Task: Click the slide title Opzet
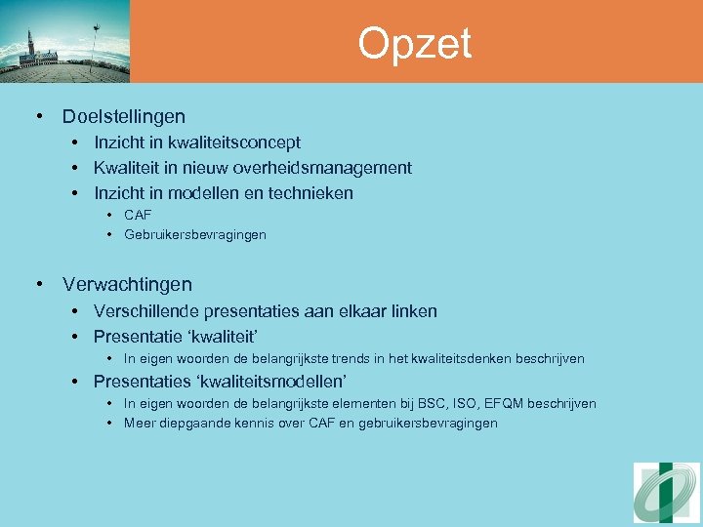click(414, 44)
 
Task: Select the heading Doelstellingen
click(123, 117)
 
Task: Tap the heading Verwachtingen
click(127, 285)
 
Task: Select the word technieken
click(309, 193)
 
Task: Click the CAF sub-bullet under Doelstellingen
click(138, 215)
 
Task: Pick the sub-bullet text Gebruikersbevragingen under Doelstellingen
click(194, 235)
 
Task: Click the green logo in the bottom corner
click(666, 493)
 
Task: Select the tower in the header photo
click(30, 46)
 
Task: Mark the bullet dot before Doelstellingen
click(39, 117)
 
